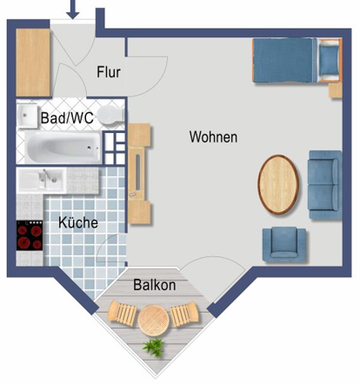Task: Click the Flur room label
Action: coord(109,72)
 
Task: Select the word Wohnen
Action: coord(213,137)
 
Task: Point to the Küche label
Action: coord(77,222)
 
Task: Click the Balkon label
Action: coord(155,285)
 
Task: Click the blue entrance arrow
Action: coord(73,10)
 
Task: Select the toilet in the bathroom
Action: coord(108,116)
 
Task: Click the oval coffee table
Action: coord(279,184)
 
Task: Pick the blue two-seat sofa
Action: coord(323,183)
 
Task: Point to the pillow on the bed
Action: coord(328,61)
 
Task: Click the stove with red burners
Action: coord(30,235)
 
